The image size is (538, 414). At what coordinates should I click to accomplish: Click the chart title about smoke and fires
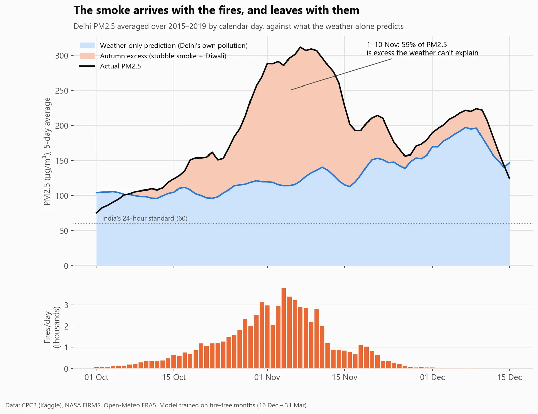pyautogui.click(x=217, y=10)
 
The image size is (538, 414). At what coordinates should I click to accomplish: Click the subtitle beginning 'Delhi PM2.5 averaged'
pyautogui.click(x=238, y=26)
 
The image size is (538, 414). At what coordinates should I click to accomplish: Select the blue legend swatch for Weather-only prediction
pyautogui.click(x=87, y=45)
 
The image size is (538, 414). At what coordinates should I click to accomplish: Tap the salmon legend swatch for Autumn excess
pyautogui.click(x=87, y=56)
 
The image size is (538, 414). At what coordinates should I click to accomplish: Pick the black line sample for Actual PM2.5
pyautogui.click(x=87, y=66)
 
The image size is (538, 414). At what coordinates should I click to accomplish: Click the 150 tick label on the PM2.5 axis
pyautogui.click(x=62, y=161)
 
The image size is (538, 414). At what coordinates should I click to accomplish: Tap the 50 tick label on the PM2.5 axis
pyautogui.click(x=64, y=231)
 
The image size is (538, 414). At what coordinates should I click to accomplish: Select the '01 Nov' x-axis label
pyautogui.click(x=267, y=377)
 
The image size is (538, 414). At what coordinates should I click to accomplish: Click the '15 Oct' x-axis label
pyautogui.click(x=174, y=377)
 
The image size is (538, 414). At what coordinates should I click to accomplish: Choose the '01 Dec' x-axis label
pyautogui.click(x=432, y=377)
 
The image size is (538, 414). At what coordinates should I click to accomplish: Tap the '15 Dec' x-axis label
pyautogui.click(x=509, y=377)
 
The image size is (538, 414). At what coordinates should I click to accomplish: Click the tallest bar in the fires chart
pyautogui.click(x=284, y=328)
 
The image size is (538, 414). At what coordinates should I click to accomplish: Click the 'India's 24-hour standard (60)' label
pyautogui.click(x=145, y=218)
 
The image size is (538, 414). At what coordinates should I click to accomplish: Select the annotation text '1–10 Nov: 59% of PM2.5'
pyautogui.click(x=407, y=45)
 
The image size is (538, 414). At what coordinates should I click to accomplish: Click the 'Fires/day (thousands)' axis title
pyautogui.click(x=52, y=327)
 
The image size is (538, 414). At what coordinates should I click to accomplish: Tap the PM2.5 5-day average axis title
pyautogui.click(x=47, y=151)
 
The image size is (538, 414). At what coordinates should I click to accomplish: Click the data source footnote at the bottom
pyautogui.click(x=157, y=405)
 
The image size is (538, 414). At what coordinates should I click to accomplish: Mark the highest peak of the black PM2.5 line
pyautogui.click(x=300, y=47)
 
